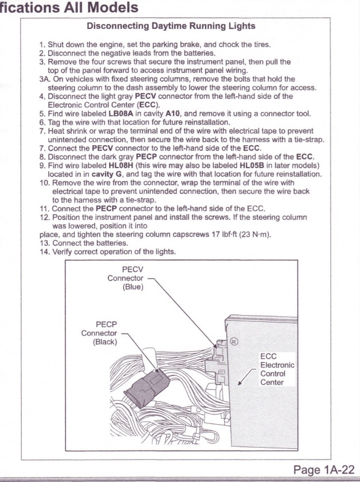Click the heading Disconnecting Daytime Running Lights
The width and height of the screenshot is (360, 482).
[x=171, y=26]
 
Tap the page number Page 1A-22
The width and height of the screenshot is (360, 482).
[x=324, y=470]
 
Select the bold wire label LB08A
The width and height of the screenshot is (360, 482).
[x=121, y=114]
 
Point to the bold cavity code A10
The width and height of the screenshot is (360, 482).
[x=172, y=114]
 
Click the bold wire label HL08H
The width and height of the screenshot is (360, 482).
[x=121, y=165]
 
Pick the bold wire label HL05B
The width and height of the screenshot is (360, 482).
[x=251, y=165]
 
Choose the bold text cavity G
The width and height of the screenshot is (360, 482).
[x=107, y=174]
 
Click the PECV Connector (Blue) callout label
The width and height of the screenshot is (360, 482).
[x=125, y=278]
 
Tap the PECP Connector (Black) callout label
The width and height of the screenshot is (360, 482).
[x=99, y=333]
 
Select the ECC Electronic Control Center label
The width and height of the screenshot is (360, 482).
[x=277, y=369]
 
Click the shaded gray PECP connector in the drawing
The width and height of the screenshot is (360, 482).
[x=147, y=386]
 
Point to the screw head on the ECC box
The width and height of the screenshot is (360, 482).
[x=234, y=342]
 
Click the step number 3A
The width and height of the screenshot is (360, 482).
[x=45, y=79]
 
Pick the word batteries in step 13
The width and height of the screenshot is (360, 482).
[x=111, y=243]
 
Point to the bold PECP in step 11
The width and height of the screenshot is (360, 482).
[x=106, y=208]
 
